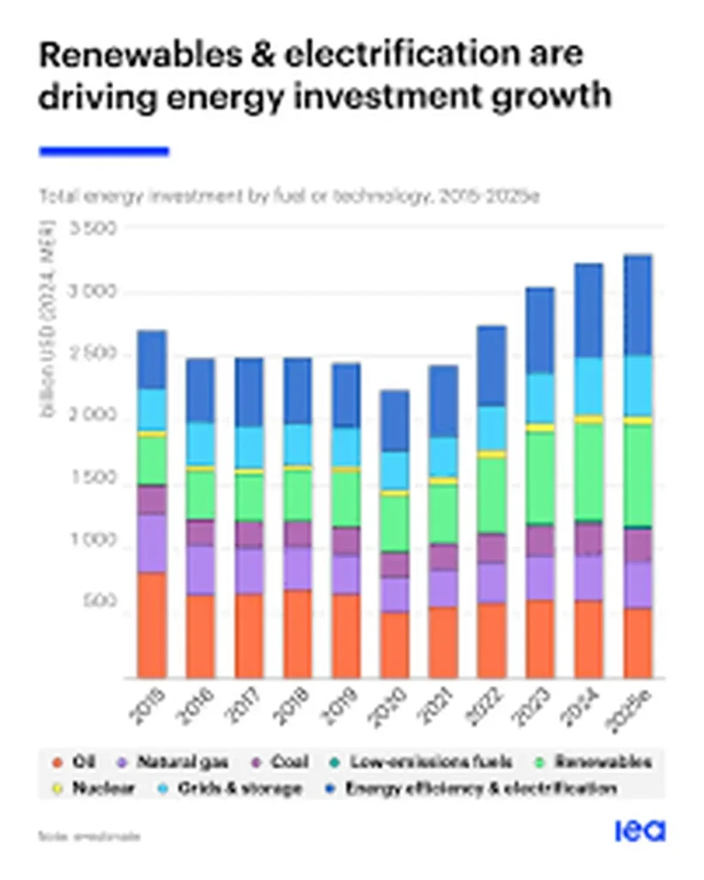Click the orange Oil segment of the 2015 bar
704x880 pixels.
(152, 625)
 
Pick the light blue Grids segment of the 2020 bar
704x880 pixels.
(395, 470)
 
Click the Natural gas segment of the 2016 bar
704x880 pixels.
(200, 569)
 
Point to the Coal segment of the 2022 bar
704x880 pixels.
(492, 547)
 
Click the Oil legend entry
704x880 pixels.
(76, 761)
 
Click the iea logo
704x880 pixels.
(640, 831)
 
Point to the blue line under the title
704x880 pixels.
(104, 151)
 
